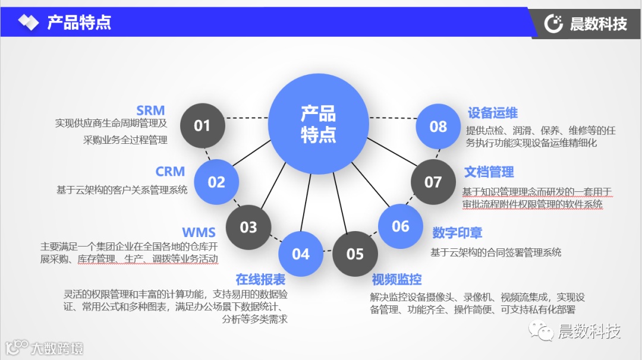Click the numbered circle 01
(x=202, y=125)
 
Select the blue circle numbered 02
(x=216, y=182)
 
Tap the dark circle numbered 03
(x=248, y=227)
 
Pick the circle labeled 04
(x=301, y=254)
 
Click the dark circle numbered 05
(x=355, y=254)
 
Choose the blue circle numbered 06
(x=401, y=226)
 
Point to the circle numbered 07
(x=433, y=182)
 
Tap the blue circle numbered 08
(x=438, y=126)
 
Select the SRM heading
(x=150, y=110)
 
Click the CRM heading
(x=170, y=172)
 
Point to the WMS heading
(x=199, y=232)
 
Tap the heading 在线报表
(x=260, y=279)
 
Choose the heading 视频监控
(x=396, y=279)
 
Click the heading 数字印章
(x=457, y=232)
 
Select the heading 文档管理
(x=489, y=172)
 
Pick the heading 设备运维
(x=493, y=113)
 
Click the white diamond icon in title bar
(x=28, y=23)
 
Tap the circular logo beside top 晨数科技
(x=554, y=24)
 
